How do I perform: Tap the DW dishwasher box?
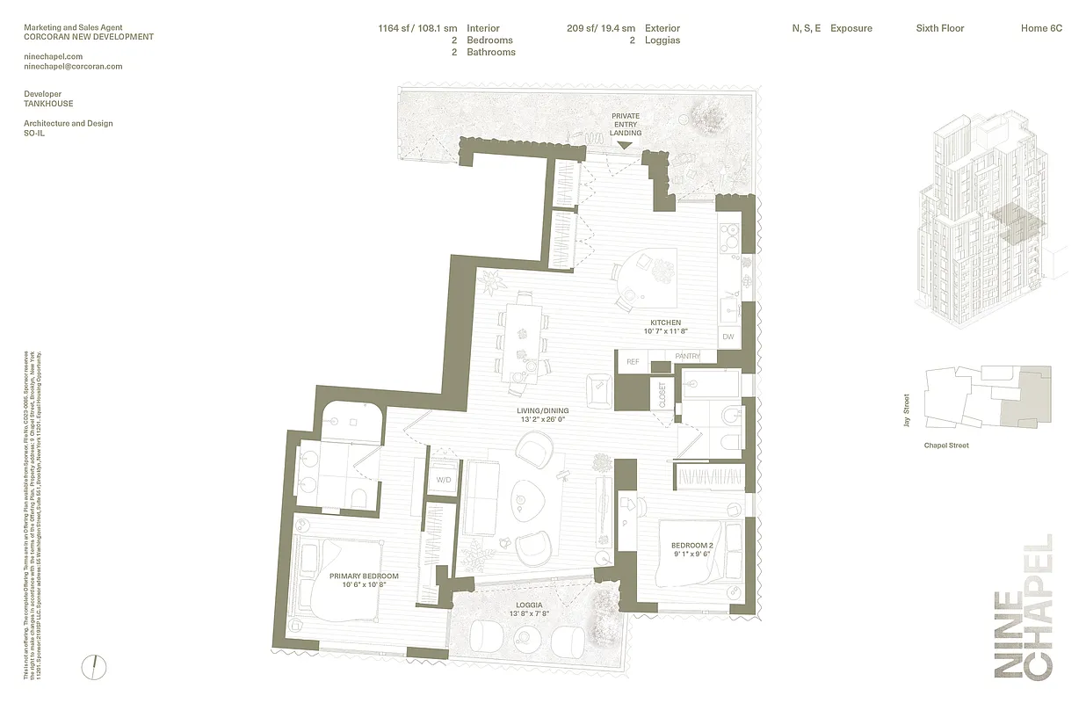[x=728, y=337]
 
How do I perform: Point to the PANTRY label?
[x=687, y=357]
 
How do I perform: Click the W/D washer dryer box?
[x=443, y=480]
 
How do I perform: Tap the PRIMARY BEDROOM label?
[x=364, y=576]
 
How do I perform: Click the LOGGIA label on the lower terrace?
[x=529, y=605]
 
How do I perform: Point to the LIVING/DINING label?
[x=542, y=410]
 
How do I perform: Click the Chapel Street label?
[x=946, y=446]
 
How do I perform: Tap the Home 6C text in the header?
[x=1041, y=28]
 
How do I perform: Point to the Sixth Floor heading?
[x=940, y=28]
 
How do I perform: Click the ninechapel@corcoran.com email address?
[x=73, y=66]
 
